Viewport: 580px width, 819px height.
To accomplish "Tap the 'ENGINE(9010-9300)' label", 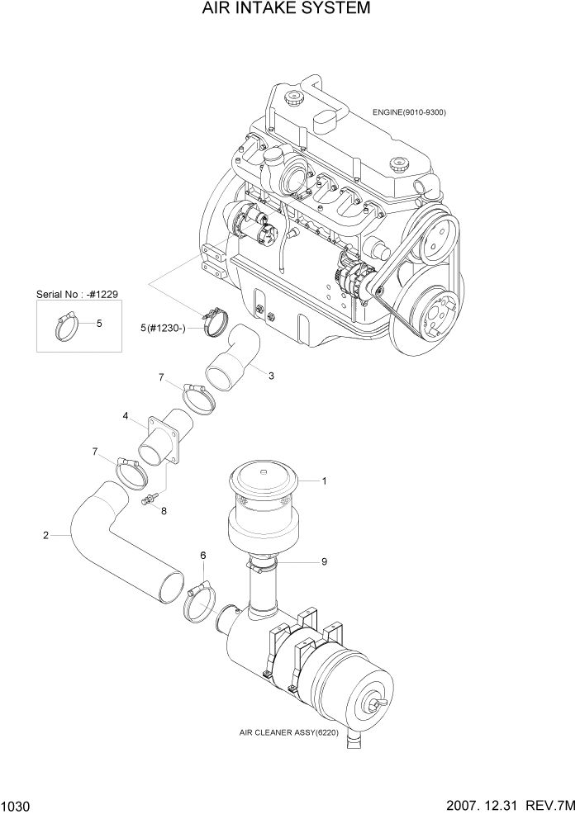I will [409, 112].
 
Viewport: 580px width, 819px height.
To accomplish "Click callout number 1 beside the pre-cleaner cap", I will [325, 481].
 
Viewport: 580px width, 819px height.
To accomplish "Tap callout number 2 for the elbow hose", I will [45, 536].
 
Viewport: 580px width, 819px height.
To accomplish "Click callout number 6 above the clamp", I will [202, 556].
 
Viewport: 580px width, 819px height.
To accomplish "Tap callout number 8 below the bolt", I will [164, 511].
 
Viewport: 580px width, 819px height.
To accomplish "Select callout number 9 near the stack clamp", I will [325, 561].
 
